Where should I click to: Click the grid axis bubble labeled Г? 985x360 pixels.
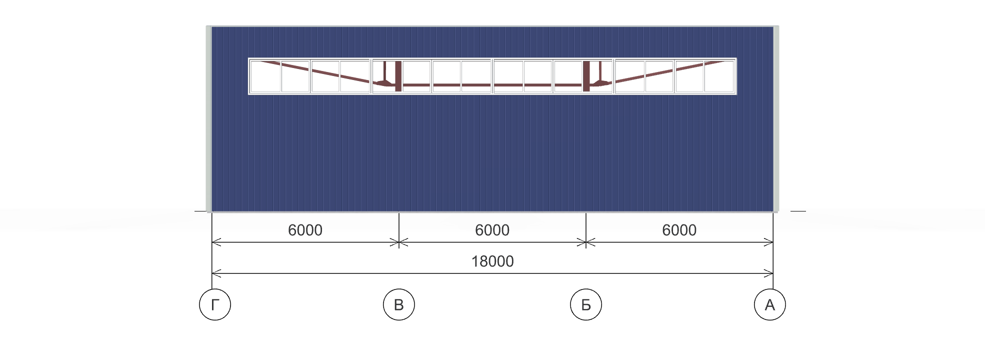215,304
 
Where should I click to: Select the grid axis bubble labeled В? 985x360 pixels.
399,304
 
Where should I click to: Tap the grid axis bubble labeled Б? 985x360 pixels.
586,304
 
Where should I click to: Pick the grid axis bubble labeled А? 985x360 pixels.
770,304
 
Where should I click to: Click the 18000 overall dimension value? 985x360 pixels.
492,261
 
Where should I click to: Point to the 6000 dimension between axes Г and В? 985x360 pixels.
305,230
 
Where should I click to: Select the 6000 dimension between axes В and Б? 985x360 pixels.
492,230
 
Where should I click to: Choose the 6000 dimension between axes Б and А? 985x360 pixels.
679,230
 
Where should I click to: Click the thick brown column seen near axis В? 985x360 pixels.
398,76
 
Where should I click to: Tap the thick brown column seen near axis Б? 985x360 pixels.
586,76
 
